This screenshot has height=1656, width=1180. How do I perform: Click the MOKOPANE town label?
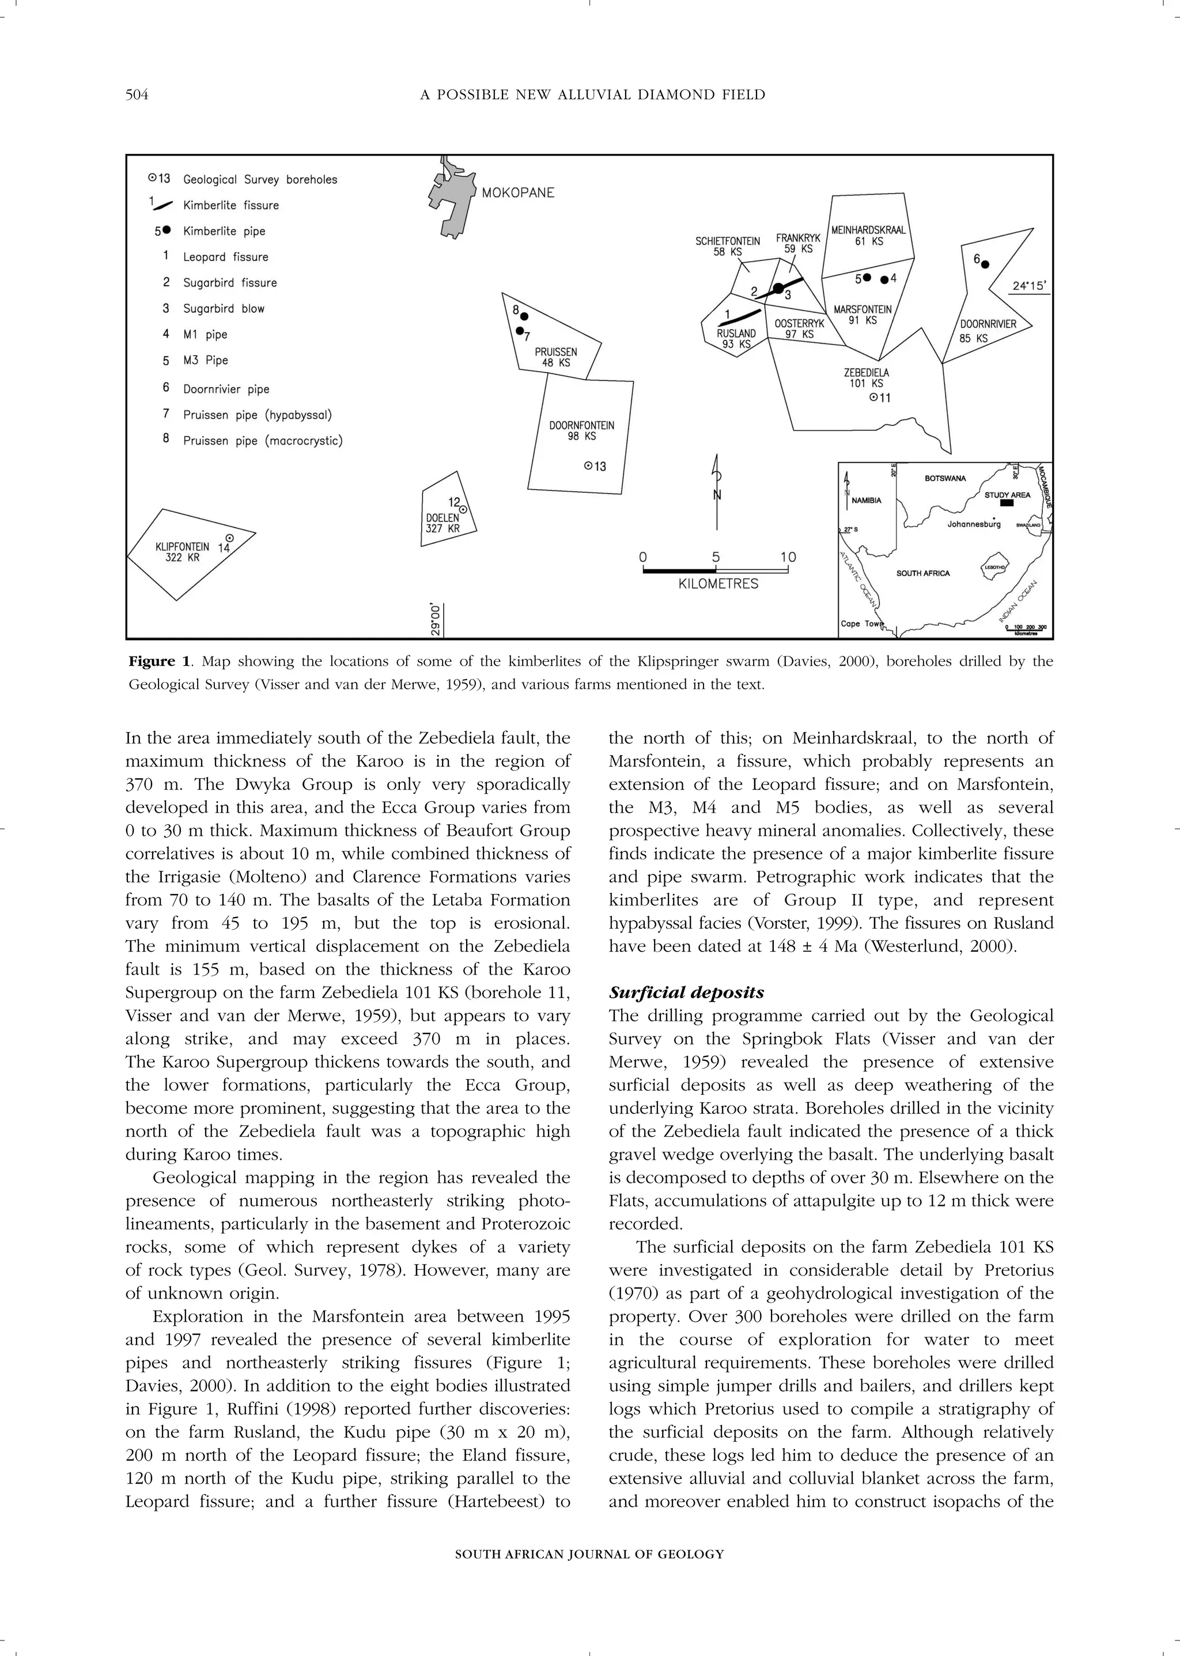pyautogui.click(x=517, y=193)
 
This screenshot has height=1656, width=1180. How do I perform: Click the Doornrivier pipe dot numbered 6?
pyautogui.click(x=985, y=265)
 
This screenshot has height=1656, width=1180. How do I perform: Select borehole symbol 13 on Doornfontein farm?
pyautogui.click(x=588, y=466)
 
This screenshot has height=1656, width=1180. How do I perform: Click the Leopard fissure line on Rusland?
pyautogui.click(x=740, y=316)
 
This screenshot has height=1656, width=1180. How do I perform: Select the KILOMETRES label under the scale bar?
pyautogui.click(x=718, y=584)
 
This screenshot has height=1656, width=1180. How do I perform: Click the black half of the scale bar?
pyautogui.click(x=679, y=571)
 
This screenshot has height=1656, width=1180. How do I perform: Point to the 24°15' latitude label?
pyautogui.click(x=1030, y=286)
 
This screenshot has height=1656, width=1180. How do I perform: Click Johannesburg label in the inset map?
pyautogui.click(x=974, y=523)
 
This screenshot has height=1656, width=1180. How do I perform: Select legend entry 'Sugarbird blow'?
pyautogui.click(x=223, y=308)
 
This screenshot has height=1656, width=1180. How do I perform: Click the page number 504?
pyautogui.click(x=137, y=95)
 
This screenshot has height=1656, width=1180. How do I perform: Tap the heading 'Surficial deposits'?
pyautogui.click(x=686, y=993)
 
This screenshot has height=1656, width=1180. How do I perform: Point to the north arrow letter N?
pyautogui.click(x=717, y=495)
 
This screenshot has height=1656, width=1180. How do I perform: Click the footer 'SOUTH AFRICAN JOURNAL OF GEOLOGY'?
pyautogui.click(x=589, y=1554)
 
